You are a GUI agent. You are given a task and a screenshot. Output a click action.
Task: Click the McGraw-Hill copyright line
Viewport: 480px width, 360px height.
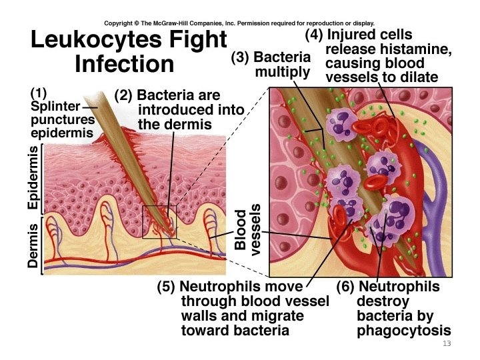239,22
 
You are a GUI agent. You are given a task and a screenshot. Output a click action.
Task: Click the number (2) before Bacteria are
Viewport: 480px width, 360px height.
123,96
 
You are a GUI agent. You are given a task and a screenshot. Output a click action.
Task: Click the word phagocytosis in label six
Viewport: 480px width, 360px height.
404,331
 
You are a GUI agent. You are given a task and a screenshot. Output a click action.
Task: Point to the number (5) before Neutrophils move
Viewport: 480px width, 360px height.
167,287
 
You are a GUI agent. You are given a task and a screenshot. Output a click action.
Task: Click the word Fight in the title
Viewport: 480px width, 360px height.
197,39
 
